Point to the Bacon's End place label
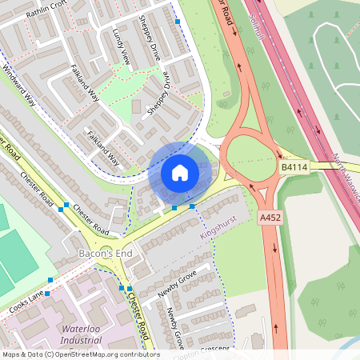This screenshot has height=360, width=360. point(104,254)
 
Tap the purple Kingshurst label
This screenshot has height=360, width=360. point(215,226)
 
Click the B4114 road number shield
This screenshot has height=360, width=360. point(294,167)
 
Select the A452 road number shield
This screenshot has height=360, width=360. point(270,217)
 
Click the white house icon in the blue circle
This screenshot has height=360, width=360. point(180,172)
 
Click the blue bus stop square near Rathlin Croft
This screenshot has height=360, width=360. point(178,22)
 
